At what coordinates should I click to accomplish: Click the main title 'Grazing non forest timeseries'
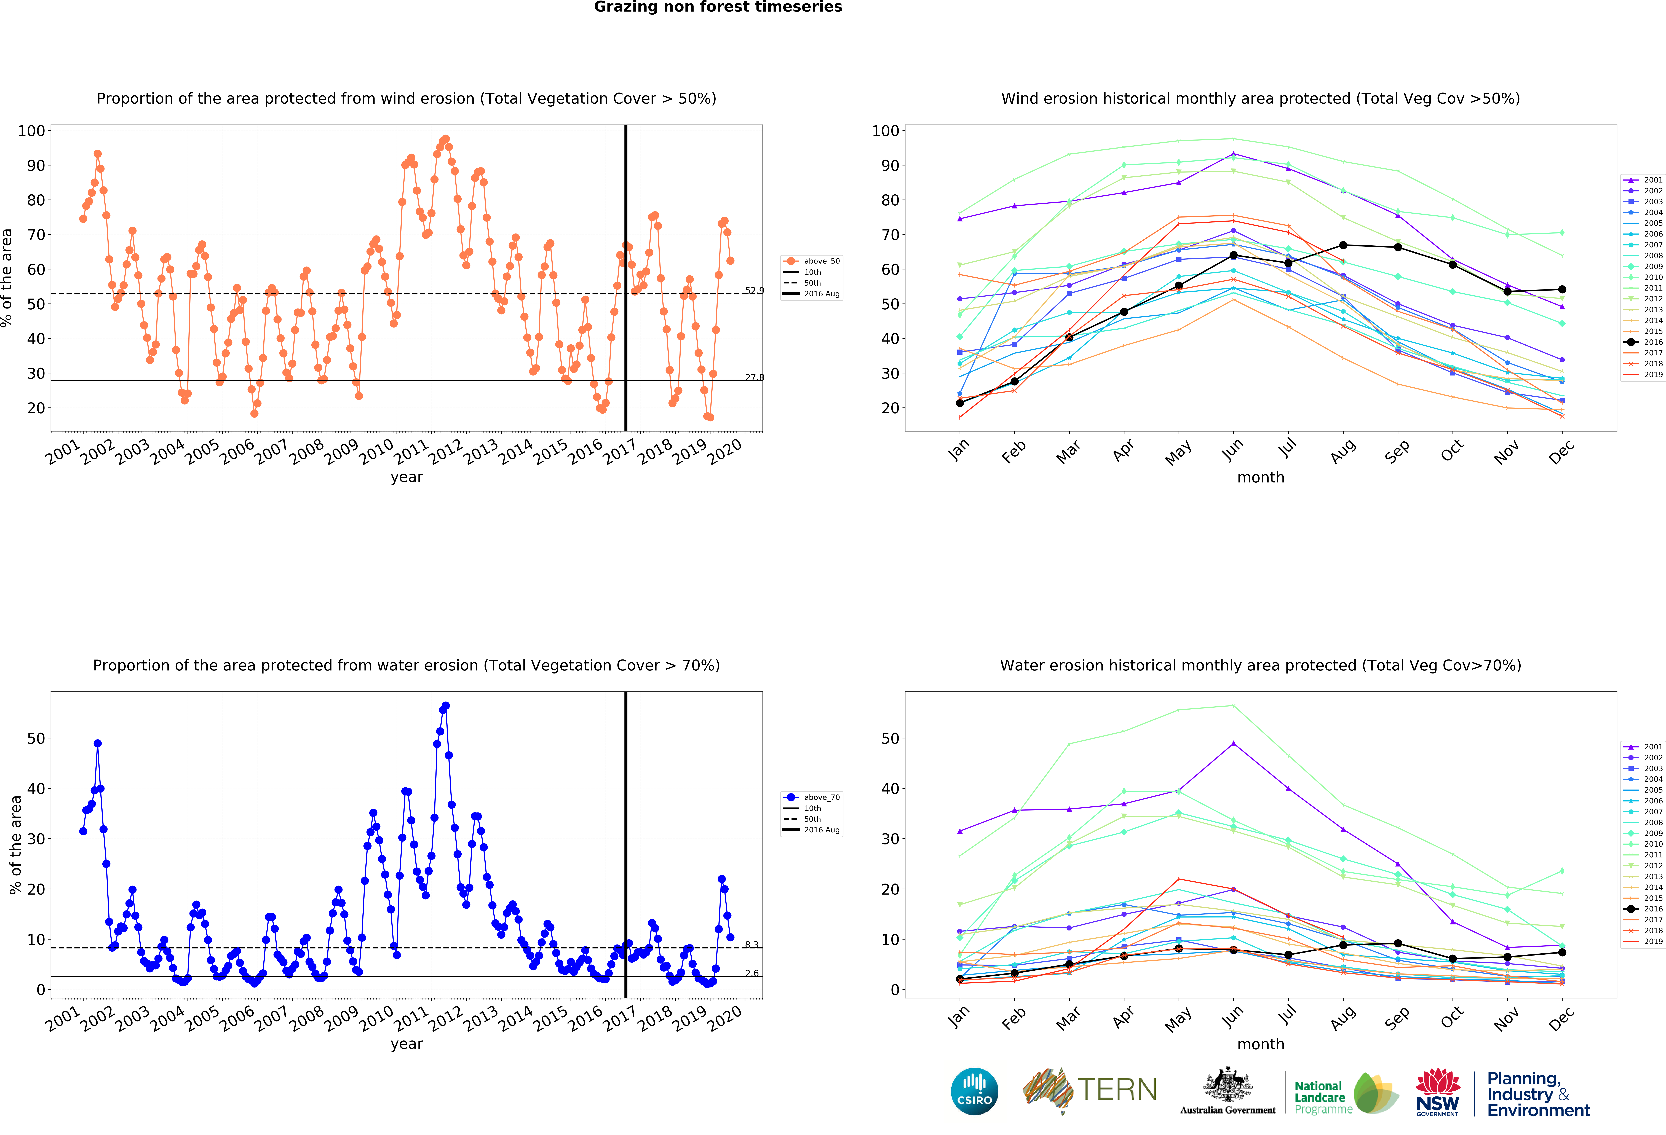point(718,7)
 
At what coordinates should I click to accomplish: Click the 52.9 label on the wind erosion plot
point(754,290)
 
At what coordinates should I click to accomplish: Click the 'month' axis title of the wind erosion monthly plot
point(1260,477)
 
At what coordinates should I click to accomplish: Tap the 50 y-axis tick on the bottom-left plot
point(36,738)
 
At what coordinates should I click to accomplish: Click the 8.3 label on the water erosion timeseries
point(751,944)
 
